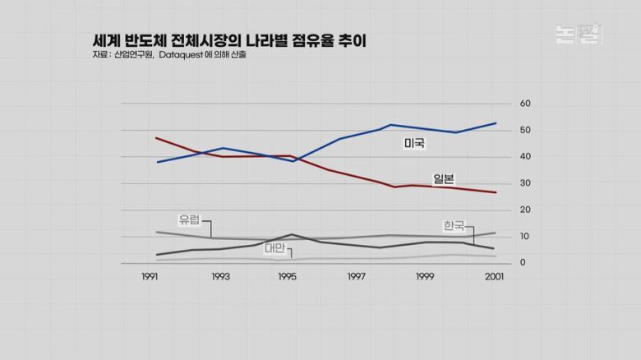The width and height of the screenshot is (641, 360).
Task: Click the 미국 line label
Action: tap(414, 144)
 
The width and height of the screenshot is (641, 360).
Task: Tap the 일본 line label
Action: tap(444, 179)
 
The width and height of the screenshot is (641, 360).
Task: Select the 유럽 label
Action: tap(189, 219)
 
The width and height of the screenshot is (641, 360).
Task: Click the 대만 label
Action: tap(275, 247)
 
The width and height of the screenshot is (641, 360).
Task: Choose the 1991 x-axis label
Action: tap(150, 278)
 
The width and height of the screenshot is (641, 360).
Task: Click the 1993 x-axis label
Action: tap(219, 278)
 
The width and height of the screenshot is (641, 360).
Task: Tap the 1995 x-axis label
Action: tap(287, 278)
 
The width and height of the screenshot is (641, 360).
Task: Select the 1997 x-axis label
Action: tap(356, 278)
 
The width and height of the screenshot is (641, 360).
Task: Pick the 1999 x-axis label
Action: tap(424, 278)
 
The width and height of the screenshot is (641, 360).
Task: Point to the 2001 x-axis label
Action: tap(494, 278)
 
